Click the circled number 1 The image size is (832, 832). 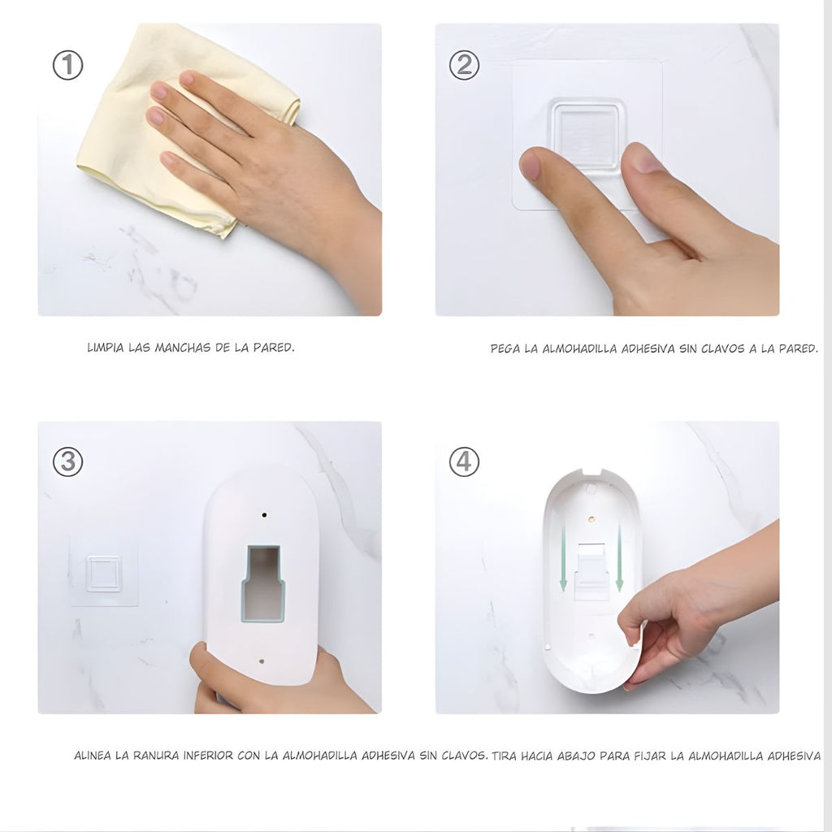point(68,65)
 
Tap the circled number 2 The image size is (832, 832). point(464,65)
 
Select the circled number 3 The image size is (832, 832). point(68,461)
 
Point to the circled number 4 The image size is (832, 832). point(464,461)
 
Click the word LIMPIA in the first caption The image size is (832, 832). point(106,348)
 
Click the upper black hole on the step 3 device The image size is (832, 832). point(264,514)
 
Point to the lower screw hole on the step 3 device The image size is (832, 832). point(261,661)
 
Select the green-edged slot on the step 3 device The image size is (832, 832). point(263,583)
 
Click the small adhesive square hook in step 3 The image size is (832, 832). point(103,573)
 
